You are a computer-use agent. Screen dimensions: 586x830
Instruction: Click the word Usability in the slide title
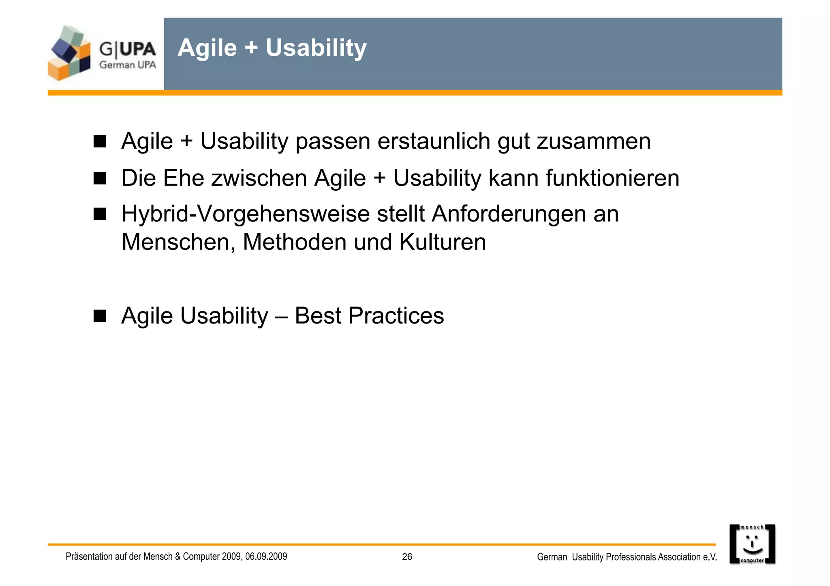[316, 48]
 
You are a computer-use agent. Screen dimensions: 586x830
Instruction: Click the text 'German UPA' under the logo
[128, 65]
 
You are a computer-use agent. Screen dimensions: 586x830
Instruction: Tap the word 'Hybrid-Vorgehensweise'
[245, 214]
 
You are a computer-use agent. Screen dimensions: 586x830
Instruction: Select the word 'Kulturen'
[442, 242]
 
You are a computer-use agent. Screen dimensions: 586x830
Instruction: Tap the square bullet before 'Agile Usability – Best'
[100, 315]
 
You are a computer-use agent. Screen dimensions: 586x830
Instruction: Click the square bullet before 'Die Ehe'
[100, 178]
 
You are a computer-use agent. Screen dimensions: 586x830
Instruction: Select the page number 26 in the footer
[407, 557]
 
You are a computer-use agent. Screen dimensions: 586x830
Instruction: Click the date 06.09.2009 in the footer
[266, 556]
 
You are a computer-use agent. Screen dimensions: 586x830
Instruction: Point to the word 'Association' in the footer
[679, 557]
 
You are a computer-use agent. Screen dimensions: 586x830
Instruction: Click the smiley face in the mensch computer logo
[752, 544]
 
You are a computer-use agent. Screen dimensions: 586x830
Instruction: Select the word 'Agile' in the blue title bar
[207, 48]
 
